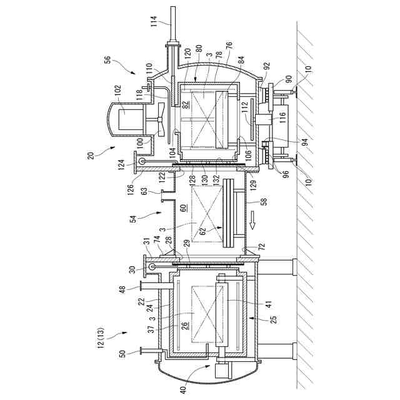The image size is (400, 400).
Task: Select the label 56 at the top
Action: click(x=107, y=61)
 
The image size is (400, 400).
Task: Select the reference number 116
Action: click(x=282, y=116)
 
